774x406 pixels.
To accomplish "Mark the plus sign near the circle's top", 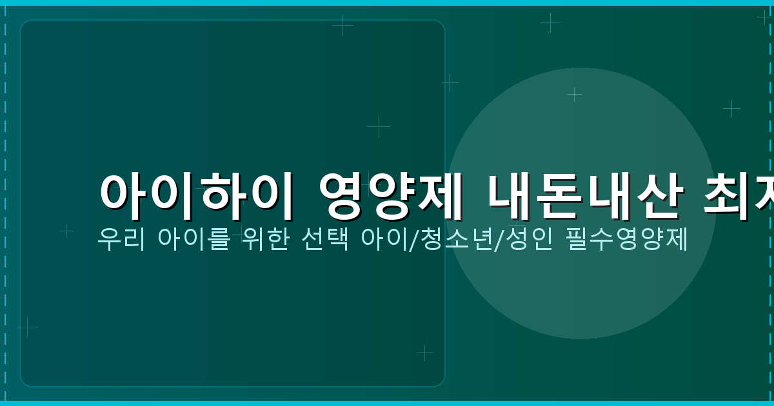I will coord(574,94).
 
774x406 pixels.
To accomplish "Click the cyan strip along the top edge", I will coord(387,3).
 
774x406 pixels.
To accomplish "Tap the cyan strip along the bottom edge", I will coord(387,403).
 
